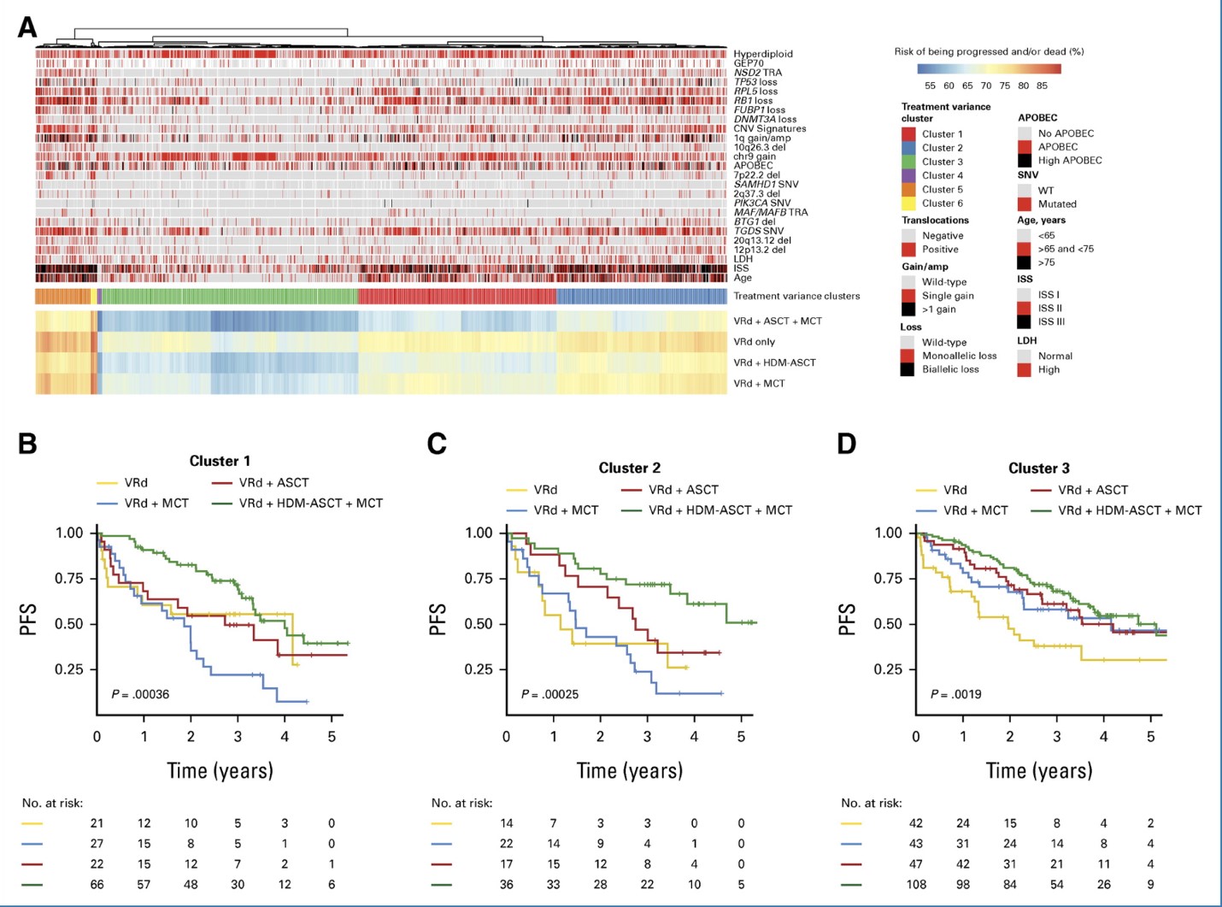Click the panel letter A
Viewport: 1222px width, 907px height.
click(27, 28)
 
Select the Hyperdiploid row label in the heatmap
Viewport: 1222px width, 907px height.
click(762, 54)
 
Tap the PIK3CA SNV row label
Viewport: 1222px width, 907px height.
click(761, 203)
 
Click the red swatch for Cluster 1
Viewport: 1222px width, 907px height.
click(908, 134)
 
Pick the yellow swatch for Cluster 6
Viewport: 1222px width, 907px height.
click(908, 203)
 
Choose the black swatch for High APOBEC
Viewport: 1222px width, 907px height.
click(1024, 160)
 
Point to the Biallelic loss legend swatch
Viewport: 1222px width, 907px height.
click(908, 369)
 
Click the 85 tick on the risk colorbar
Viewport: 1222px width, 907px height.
click(1042, 85)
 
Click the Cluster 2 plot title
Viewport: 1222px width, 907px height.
click(629, 468)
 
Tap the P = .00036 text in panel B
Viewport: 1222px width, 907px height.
click(140, 694)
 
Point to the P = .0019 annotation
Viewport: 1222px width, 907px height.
click(955, 694)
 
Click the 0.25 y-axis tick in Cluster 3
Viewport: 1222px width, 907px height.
click(888, 669)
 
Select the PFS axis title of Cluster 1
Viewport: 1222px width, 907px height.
click(28, 620)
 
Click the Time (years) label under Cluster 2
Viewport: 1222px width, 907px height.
click(630, 771)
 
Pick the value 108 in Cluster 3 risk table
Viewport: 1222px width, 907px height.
click(916, 885)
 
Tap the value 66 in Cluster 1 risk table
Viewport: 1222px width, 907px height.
click(97, 885)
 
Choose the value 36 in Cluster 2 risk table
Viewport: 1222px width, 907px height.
click(507, 885)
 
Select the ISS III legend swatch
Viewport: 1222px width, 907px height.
click(1024, 322)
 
